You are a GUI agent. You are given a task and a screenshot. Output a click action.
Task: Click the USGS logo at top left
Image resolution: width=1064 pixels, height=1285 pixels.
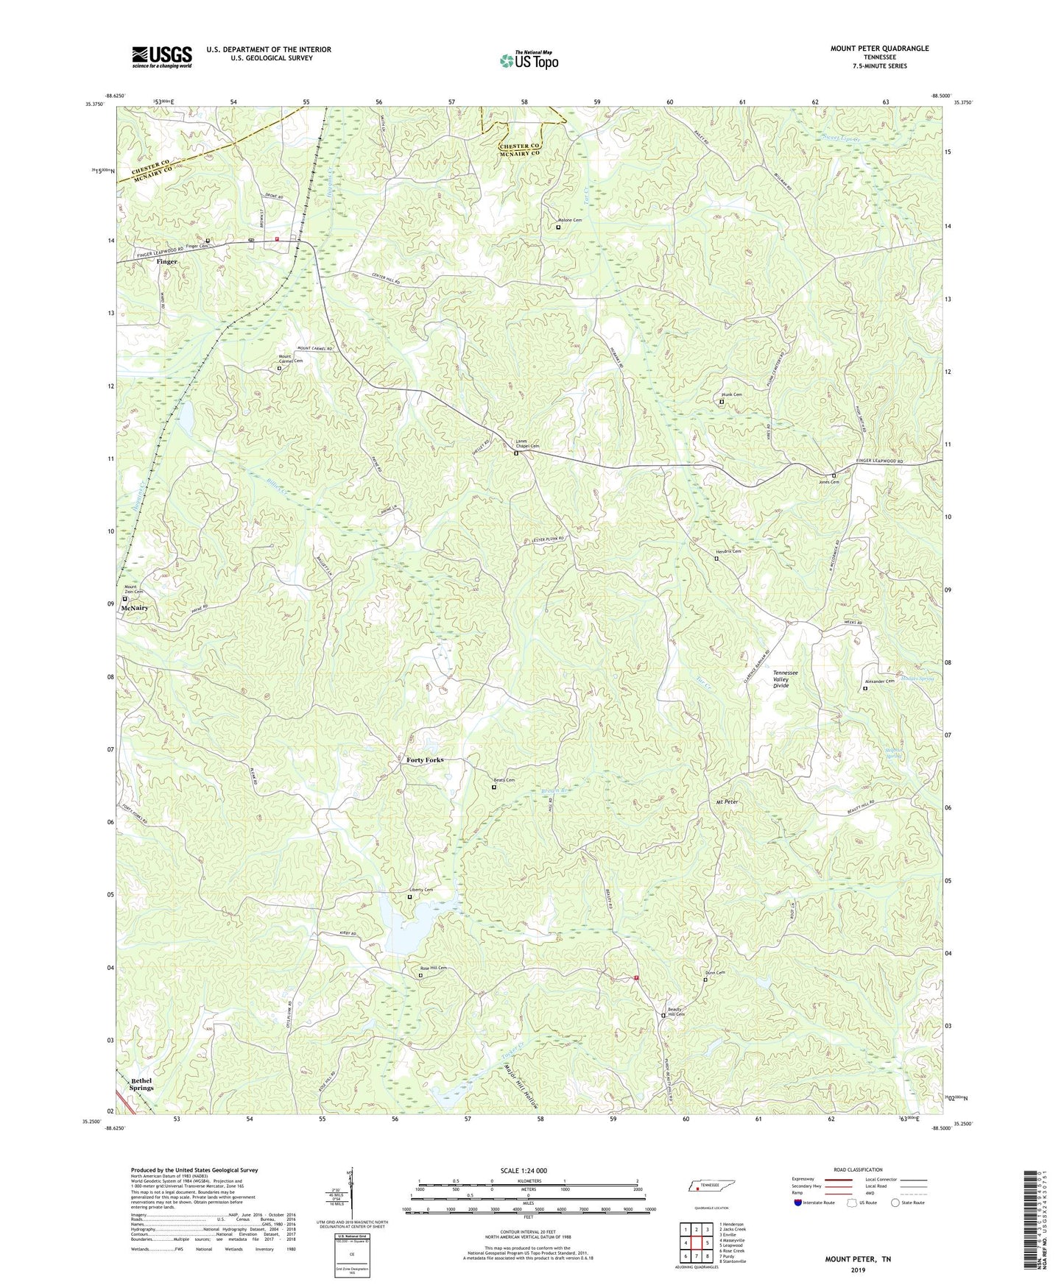(162, 57)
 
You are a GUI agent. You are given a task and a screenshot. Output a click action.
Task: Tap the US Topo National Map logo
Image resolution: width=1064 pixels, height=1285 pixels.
(528, 60)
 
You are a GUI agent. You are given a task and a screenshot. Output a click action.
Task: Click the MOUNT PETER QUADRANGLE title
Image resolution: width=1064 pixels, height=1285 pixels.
(879, 49)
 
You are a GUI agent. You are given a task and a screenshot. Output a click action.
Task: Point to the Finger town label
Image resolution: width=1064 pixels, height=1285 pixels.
(166, 261)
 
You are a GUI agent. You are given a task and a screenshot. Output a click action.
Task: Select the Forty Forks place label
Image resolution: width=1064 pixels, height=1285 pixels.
(425, 760)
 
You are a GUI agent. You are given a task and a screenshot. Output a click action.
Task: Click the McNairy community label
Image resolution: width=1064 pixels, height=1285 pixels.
(135, 608)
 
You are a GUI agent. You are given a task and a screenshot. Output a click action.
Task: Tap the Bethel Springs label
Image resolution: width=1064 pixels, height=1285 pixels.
(141, 1084)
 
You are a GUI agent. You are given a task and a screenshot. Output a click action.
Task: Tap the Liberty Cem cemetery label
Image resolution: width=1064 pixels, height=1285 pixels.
(421, 890)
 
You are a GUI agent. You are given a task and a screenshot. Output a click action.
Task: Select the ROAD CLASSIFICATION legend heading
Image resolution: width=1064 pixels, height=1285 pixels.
(858, 1169)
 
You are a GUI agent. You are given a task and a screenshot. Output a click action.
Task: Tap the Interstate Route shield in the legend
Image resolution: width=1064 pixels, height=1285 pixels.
(797, 1203)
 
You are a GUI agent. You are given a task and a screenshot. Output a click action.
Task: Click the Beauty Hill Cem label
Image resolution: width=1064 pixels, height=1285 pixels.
(676, 1011)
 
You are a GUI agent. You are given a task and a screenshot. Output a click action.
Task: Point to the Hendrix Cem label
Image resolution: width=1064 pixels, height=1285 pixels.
(728, 551)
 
